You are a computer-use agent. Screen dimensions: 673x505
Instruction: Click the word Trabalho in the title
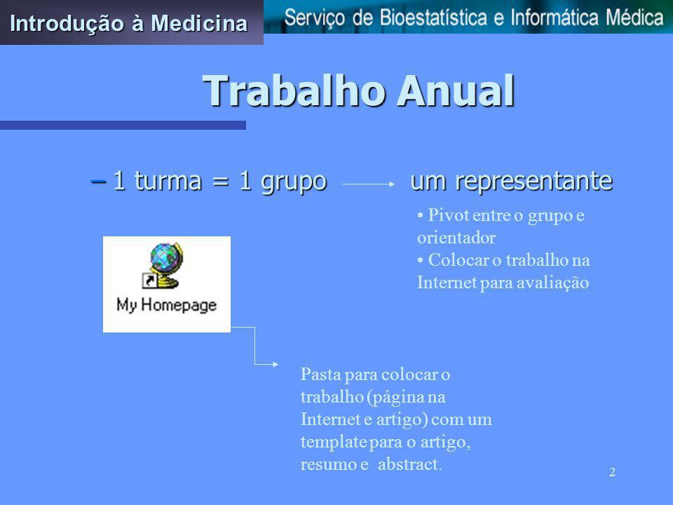[294, 90]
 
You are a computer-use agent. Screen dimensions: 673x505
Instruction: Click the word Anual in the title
[456, 90]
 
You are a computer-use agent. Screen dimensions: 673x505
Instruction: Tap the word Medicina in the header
[200, 23]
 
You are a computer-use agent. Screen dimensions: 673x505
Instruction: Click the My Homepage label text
[167, 305]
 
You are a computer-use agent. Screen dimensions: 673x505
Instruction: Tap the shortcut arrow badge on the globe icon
[149, 281]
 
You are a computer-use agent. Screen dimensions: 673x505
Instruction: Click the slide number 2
[612, 472]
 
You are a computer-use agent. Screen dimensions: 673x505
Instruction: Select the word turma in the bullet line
[168, 180]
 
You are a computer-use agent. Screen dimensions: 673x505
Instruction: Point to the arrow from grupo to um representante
[369, 184]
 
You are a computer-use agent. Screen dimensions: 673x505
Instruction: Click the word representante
[533, 181]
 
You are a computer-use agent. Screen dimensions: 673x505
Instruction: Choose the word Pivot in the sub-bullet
[449, 215]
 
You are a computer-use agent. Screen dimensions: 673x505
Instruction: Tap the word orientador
[456, 238]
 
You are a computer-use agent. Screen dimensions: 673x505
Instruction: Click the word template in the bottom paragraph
[334, 442]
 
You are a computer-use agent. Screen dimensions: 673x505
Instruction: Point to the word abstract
[409, 464]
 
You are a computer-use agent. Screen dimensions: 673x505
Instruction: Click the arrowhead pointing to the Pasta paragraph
[275, 364]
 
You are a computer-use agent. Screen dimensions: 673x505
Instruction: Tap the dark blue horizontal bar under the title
[123, 125]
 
